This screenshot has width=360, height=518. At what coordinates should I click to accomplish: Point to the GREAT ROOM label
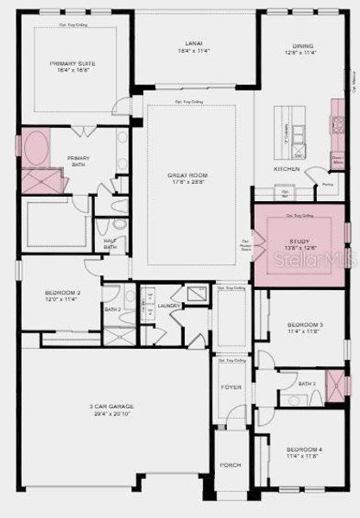click(x=187, y=175)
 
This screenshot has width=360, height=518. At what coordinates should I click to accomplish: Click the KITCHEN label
click(x=287, y=169)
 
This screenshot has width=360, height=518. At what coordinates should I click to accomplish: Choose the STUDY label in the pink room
click(x=300, y=241)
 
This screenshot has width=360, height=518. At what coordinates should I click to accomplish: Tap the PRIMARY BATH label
click(x=79, y=159)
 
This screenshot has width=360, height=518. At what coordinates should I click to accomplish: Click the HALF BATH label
click(x=110, y=244)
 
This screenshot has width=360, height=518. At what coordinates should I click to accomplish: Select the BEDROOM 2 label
click(x=62, y=293)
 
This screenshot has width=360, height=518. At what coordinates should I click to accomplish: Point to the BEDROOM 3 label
click(x=305, y=325)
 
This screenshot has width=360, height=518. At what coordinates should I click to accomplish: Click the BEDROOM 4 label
click(x=305, y=450)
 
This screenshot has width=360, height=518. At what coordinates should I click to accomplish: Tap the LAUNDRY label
click(x=169, y=306)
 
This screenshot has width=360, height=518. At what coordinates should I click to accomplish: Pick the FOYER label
click(x=231, y=387)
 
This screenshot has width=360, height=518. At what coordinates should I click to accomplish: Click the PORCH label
click(x=231, y=465)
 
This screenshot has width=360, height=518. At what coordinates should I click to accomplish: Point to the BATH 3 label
click(x=306, y=383)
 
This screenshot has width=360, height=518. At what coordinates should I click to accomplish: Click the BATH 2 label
click(x=112, y=309)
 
